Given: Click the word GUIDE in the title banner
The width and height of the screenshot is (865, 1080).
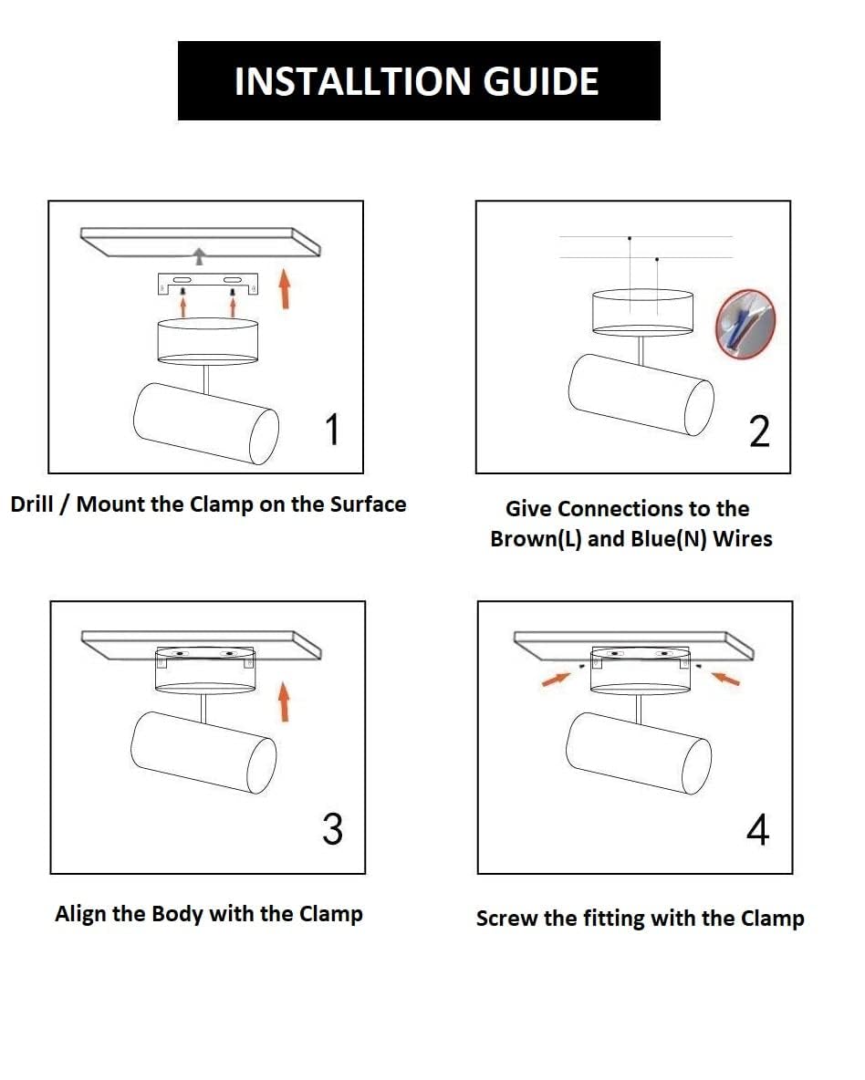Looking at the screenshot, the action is pyautogui.click(x=540, y=81).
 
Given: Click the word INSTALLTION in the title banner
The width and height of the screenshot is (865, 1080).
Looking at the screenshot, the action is pyautogui.click(x=353, y=81).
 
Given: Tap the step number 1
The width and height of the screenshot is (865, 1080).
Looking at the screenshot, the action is pyautogui.click(x=332, y=429).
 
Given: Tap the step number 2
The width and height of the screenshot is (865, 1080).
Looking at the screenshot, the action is pyautogui.click(x=759, y=431).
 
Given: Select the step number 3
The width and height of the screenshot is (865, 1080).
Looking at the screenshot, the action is pyautogui.click(x=333, y=828).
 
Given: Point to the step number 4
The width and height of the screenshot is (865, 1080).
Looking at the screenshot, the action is pyautogui.click(x=757, y=830).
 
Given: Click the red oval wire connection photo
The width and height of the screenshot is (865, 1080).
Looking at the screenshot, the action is pyautogui.click(x=745, y=324).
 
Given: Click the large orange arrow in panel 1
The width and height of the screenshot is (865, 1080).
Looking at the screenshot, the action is pyautogui.click(x=284, y=288).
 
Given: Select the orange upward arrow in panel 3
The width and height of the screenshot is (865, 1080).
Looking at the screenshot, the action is pyautogui.click(x=283, y=701).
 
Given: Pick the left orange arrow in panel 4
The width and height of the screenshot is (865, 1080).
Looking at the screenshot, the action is pyautogui.click(x=557, y=679).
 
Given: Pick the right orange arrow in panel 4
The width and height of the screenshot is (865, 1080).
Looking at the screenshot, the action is pyautogui.click(x=725, y=679).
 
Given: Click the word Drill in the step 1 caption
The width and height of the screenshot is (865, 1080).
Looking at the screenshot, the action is pyautogui.click(x=32, y=504).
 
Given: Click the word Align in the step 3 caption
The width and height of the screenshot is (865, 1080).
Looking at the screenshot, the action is pyautogui.click(x=80, y=915).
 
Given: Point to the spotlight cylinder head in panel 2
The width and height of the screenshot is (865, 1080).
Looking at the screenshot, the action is pyautogui.click(x=641, y=395).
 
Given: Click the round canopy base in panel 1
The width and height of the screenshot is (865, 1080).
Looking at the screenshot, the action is pyautogui.click(x=207, y=342).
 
